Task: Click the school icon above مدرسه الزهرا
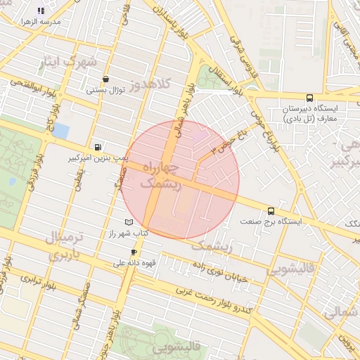coord(41,11)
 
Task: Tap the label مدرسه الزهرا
coord(41,22)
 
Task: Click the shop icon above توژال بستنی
coord(105,79)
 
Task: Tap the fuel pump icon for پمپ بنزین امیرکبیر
coord(96,147)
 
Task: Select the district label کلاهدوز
coord(167,85)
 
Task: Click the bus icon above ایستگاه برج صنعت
coord(271,210)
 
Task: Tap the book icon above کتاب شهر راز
coord(129,222)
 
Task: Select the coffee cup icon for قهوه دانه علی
coord(134,252)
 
